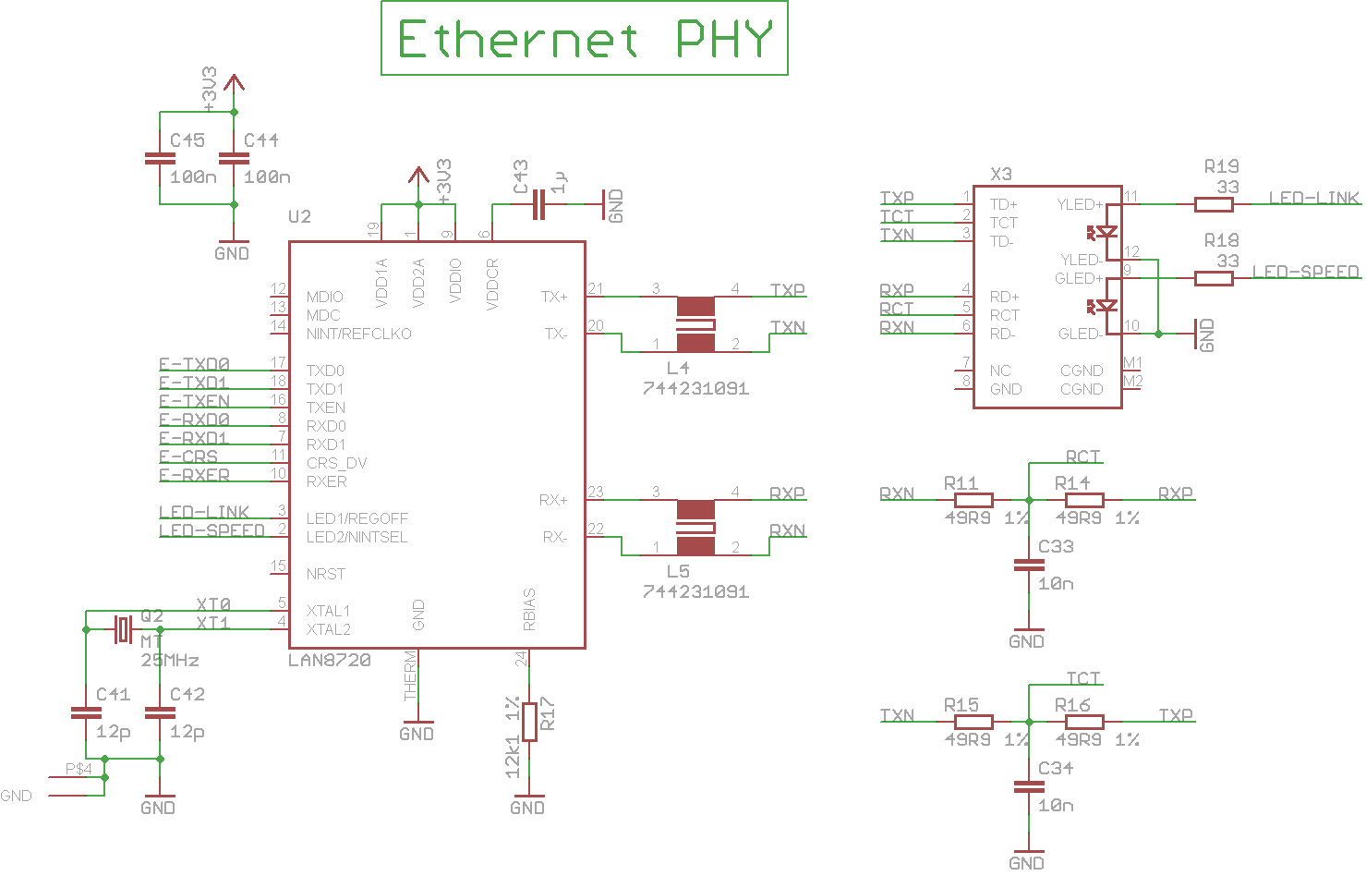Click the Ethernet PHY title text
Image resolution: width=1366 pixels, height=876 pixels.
tap(584, 40)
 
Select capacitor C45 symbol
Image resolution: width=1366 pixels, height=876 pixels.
tap(160, 159)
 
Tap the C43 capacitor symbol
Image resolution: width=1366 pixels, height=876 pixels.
tap(539, 205)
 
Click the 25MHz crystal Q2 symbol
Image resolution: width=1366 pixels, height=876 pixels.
tap(124, 629)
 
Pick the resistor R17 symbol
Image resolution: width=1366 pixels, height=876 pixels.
tap(529, 722)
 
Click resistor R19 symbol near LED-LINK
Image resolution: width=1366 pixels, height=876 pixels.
tap(1214, 204)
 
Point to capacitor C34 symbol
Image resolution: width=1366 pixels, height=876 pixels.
tap(1029, 787)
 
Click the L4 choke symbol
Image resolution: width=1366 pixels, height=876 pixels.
tap(695, 324)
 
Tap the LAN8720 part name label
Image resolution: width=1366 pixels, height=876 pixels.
tap(330, 660)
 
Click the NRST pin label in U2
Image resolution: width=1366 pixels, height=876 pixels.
tap(325, 574)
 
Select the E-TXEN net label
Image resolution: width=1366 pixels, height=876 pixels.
tap(194, 401)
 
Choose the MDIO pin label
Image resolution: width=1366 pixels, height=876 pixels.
tap(324, 297)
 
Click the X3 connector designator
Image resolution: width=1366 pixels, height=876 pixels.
tap(1001, 174)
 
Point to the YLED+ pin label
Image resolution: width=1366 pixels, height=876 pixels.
tap(1080, 204)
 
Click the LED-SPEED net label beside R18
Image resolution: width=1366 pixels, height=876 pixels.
tap(1305, 272)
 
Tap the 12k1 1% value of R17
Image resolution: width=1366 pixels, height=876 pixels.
tap(513, 736)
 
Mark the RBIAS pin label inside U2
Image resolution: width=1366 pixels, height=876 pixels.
tap(529, 609)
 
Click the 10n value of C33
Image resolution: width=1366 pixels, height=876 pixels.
tap(1056, 584)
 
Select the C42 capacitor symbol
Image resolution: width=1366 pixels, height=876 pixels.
tap(160, 713)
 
